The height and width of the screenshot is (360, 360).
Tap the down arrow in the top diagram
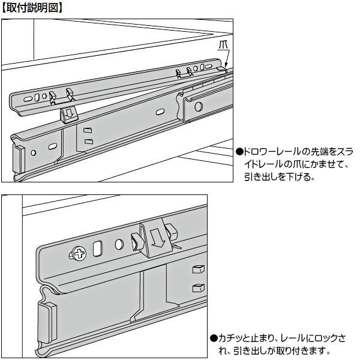pyautogui.click(x=68, y=113)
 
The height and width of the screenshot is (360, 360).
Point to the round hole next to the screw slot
pyautogui.click(x=119, y=244)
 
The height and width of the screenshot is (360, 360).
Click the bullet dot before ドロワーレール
pyautogui.click(x=239, y=151)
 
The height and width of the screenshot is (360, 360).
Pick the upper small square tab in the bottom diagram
pyautogui.click(x=196, y=267)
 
